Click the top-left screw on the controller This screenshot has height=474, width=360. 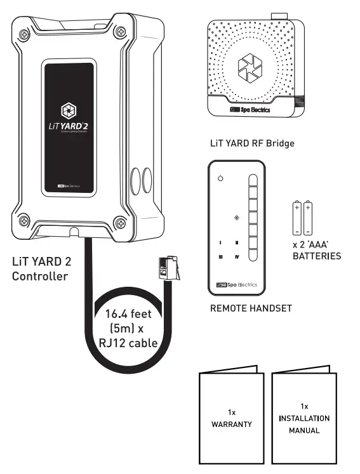point(23,35)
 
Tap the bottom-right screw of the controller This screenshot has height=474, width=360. point(119,221)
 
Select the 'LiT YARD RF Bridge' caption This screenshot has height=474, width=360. point(252,144)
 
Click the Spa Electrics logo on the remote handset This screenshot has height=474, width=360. point(236,286)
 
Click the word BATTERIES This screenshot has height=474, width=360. point(316,257)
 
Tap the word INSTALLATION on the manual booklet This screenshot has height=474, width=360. point(304,418)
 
